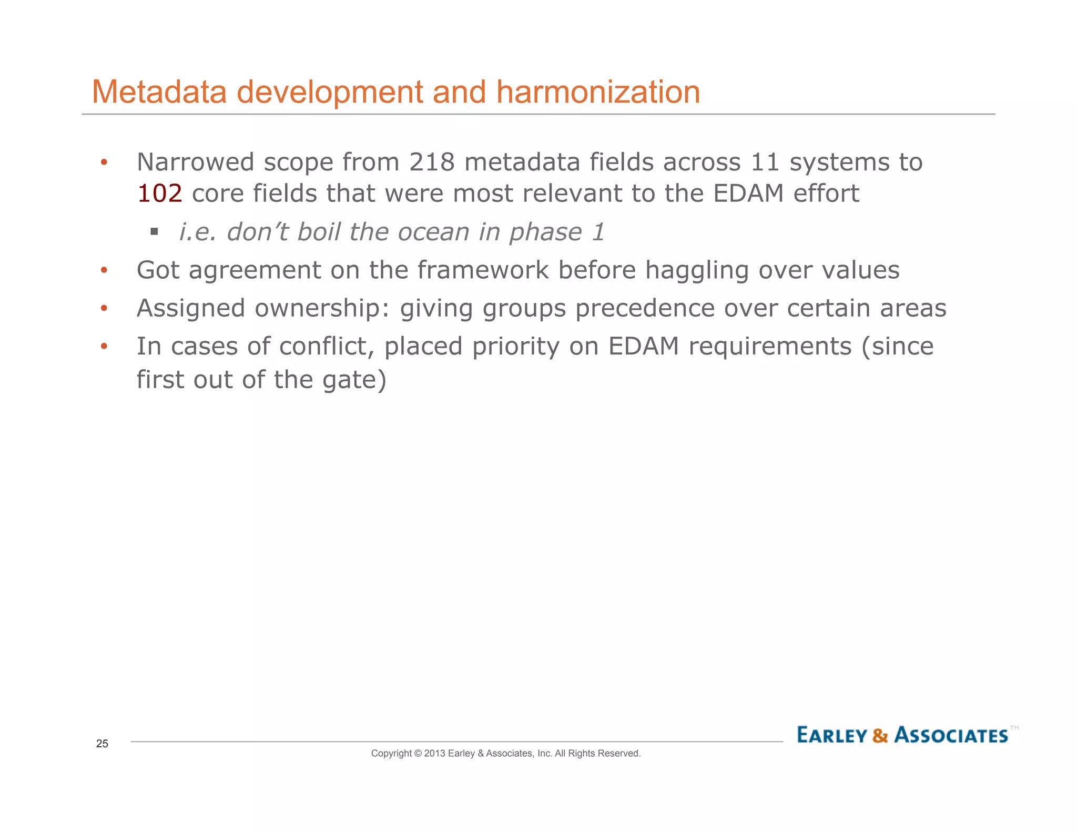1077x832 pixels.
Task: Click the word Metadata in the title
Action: point(159,92)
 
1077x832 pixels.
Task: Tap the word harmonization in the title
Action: point(598,92)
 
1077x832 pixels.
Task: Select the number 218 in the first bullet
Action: point(432,162)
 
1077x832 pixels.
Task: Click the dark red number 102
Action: point(159,194)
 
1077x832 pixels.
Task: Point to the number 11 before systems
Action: point(765,162)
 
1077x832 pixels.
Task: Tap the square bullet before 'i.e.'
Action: point(154,231)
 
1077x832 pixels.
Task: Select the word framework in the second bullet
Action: point(483,270)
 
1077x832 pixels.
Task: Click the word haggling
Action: point(696,270)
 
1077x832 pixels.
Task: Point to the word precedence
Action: point(645,308)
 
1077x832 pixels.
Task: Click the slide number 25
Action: point(102,743)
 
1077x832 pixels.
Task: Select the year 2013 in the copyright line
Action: point(434,753)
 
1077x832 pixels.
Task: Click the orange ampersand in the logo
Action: point(880,735)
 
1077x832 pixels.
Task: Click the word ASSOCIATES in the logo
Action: point(951,735)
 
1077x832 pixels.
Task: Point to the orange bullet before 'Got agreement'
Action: point(104,270)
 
